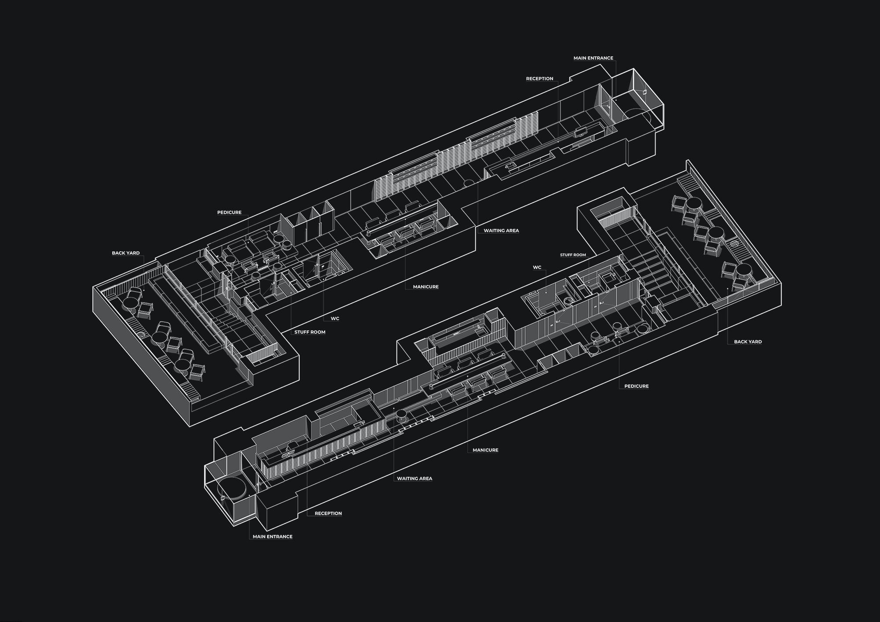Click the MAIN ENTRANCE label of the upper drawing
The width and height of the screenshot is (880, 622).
point(593,58)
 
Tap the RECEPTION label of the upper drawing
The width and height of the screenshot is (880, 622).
point(539,79)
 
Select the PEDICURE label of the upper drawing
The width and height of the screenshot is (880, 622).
point(229,213)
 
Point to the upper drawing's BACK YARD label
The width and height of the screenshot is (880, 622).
point(126,253)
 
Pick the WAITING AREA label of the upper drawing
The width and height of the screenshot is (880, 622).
point(501,231)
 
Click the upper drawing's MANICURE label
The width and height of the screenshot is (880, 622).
point(425,287)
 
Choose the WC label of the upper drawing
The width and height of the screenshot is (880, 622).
point(335,319)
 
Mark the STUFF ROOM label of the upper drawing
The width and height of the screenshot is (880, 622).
point(310,332)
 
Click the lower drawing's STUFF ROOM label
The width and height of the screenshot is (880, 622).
point(573,255)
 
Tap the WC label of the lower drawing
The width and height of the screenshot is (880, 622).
point(537,267)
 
